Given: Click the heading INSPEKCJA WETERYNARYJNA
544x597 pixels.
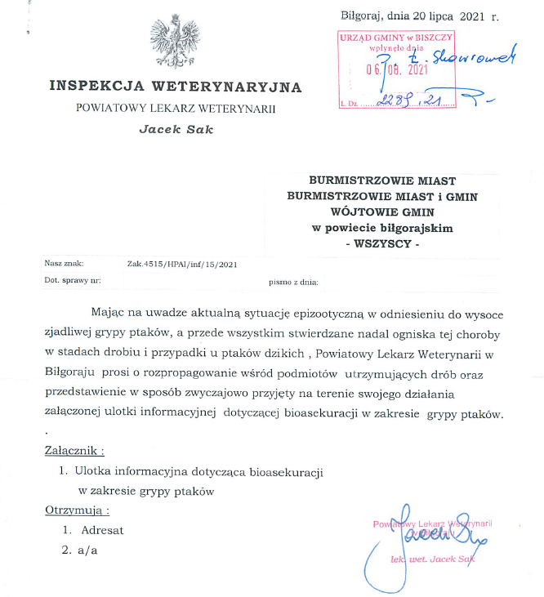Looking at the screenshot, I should (x=175, y=87).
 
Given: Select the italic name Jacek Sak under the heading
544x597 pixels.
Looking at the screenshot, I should (x=176, y=128).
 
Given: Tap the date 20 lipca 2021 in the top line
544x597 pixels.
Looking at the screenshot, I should (x=445, y=16).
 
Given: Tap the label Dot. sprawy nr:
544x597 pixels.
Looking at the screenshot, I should (x=73, y=281).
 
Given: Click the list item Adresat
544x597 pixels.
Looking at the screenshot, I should (x=103, y=530).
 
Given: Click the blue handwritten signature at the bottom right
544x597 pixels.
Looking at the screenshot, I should (x=433, y=535).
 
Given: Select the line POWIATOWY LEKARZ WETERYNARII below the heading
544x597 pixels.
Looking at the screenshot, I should (x=176, y=108).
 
